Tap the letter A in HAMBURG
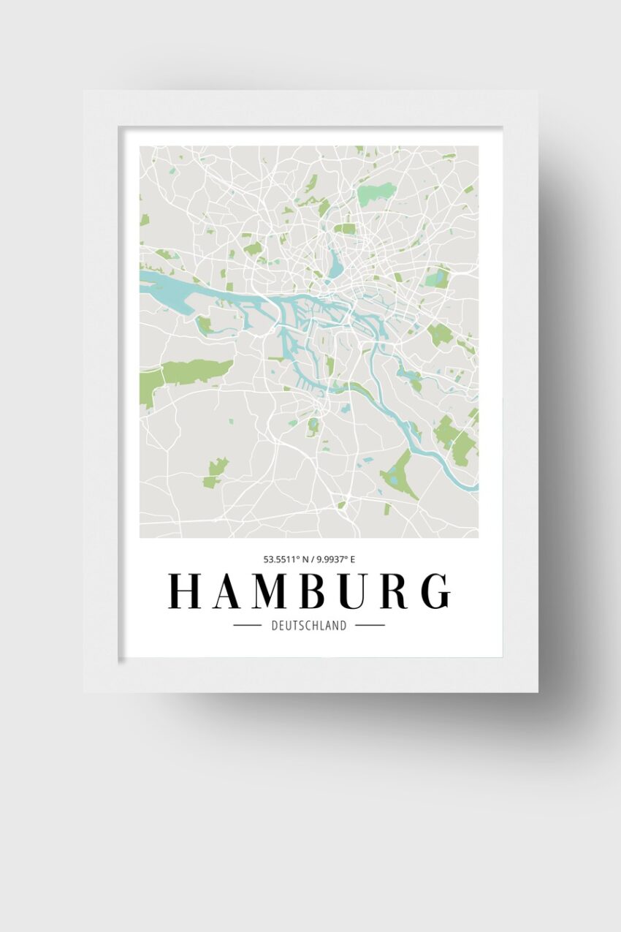pos(228,591)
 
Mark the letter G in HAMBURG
pos(436,591)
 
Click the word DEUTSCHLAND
pos(309,626)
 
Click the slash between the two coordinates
pos(312,560)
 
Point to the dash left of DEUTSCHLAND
pos(247,626)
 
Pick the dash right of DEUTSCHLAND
pos(370,626)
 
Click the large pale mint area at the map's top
pos(377,194)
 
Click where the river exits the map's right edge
pos(474,486)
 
